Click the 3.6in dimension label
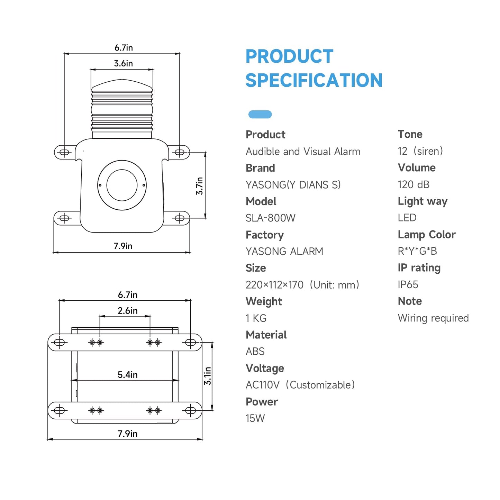click(123, 63)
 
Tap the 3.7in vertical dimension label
click(199, 186)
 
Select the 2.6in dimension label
click(127, 311)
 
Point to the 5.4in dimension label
click(127, 375)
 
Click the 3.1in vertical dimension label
click(207, 376)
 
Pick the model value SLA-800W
click(270, 218)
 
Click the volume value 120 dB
click(413, 184)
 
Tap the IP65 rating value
click(408, 285)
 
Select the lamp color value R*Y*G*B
click(418, 251)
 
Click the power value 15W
click(255, 418)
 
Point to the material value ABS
click(255, 351)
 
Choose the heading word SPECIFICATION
click(314, 80)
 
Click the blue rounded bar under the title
click(260, 115)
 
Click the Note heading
click(410, 301)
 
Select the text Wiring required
click(433, 318)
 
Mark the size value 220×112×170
click(274, 285)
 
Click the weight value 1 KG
click(256, 318)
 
